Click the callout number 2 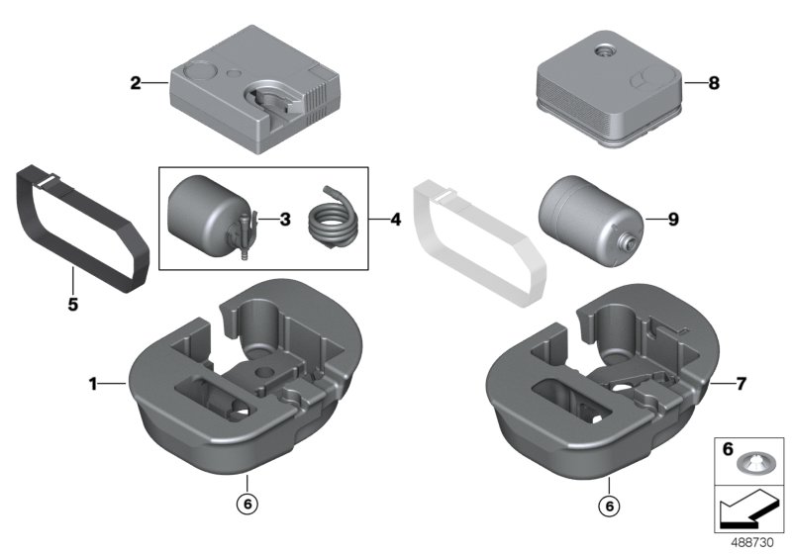[x=136, y=83]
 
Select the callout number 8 [x=714, y=84]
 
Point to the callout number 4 [x=395, y=219]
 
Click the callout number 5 [x=72, y=305]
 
